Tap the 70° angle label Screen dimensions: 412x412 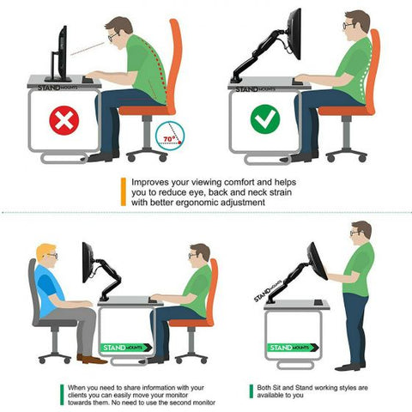(170, 136)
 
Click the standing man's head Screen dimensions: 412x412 (360, 233)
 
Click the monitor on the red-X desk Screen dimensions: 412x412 (61, 52)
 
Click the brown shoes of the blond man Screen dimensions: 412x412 (92, 358)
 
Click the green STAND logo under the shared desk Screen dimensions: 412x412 (124, 348)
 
